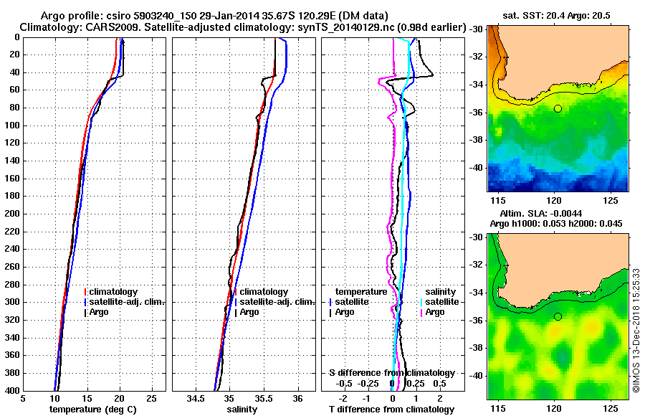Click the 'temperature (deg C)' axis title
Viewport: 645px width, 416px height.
pos(93,410)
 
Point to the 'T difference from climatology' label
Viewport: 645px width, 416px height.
pos(392,410)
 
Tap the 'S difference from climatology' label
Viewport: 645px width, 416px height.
pos(392,372)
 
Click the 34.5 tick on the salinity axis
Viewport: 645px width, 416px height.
pos(196,398)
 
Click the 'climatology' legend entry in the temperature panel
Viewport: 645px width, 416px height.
pos(113,292)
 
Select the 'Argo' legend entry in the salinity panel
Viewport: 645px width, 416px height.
pos(249,312)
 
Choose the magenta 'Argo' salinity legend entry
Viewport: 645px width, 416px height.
pos(435,312)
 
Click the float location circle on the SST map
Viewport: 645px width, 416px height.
pos(558,108)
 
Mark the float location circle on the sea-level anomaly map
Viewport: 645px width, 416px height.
pos(558,316)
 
